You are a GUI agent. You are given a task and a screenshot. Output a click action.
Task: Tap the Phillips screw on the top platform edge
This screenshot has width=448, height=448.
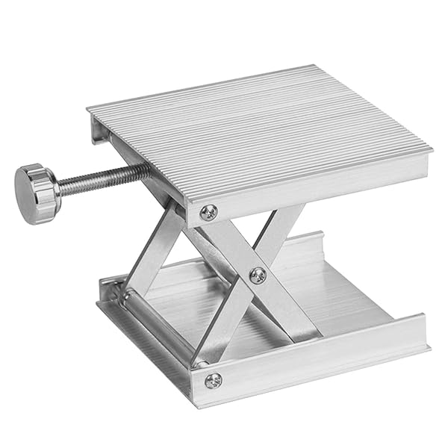[x=210, y=212]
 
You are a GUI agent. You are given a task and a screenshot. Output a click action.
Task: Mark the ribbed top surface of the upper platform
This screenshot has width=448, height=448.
[x=261, y=134]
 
